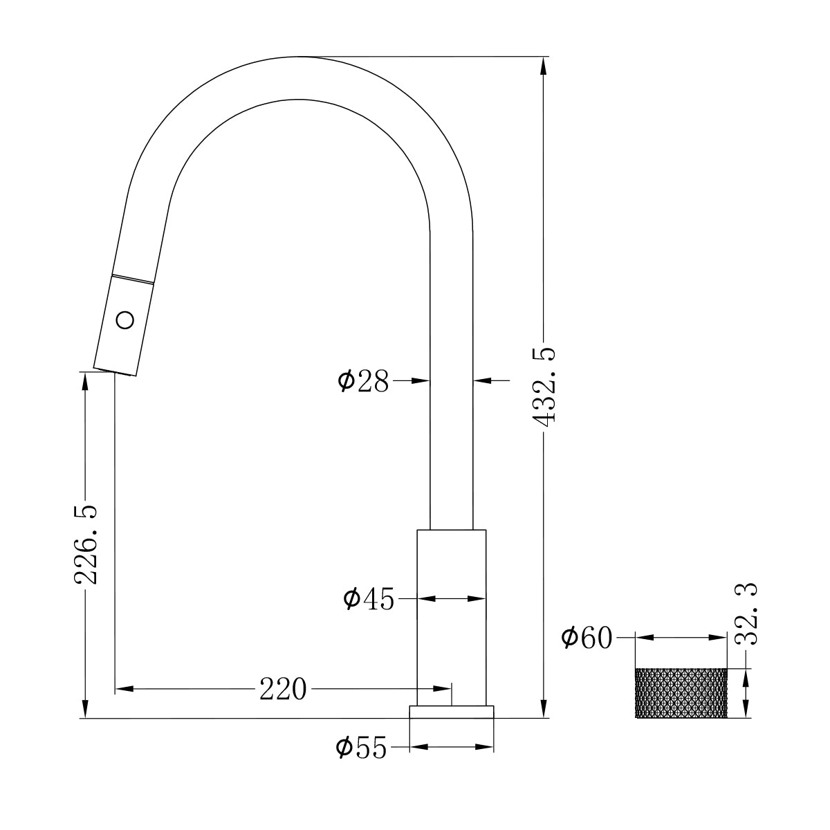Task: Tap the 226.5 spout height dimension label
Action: [86, 544]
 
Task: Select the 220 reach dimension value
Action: [282, 689]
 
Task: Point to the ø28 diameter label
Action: [364, 380]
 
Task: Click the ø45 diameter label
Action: [368, 599]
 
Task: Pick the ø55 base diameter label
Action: [361, 748]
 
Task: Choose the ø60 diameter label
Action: [587, 638]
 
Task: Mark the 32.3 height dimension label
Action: [746, 614]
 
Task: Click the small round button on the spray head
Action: [125, 320]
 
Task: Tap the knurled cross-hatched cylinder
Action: [681, 694]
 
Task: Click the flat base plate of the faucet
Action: [452, 712]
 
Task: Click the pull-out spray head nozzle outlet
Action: [113, 371]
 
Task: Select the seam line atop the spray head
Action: [133, 279]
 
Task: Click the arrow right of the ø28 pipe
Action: [483, 380]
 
